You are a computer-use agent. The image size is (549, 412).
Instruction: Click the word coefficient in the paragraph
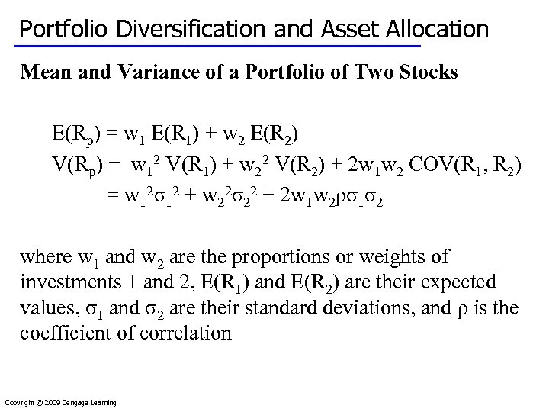point(68,333)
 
